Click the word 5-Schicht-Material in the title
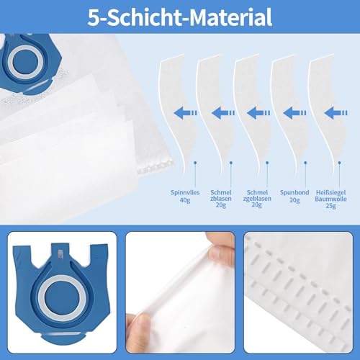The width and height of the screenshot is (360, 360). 180,17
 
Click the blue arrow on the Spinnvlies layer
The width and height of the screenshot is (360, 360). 186,112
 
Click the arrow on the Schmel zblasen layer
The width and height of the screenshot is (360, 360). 222,112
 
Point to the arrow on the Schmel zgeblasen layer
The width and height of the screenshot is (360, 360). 259,112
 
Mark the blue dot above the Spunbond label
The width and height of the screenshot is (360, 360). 306,163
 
